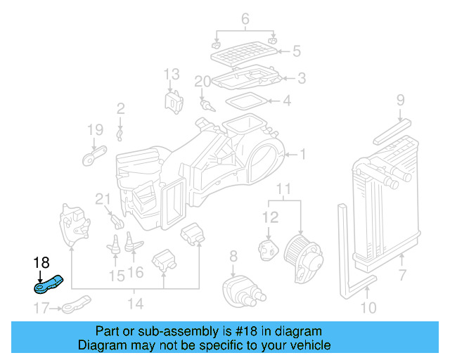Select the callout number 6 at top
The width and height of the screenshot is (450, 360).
tap(245, 19)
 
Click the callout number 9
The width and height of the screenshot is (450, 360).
tap(400, 100)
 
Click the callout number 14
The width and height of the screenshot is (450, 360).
tap(136, 304)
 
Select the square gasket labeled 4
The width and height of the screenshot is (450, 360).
tap(246, 101)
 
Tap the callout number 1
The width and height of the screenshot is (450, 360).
tap(303, 154)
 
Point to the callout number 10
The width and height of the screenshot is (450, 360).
tap(368, 307)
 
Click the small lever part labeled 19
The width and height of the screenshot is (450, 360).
tap(94, 154)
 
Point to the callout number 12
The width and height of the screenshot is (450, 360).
tap(271, 219)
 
